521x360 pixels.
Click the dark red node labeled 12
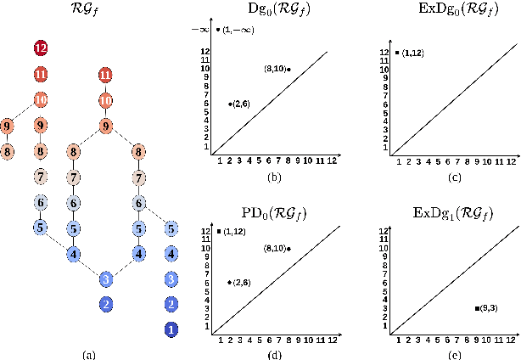[x=40, y=48]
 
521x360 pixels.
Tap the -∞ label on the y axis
[x=200, y=30]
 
